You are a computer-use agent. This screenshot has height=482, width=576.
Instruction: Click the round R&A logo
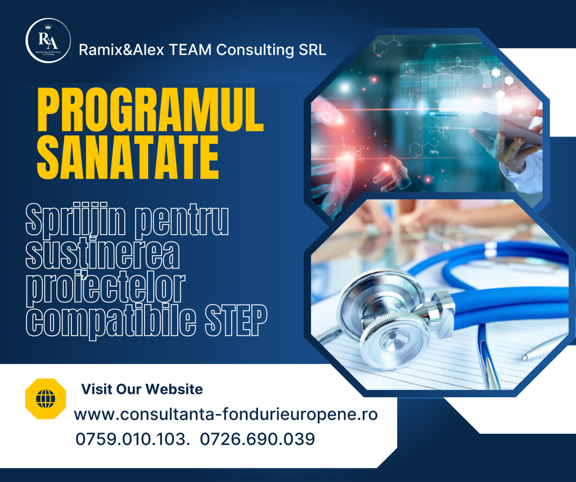(48, 40)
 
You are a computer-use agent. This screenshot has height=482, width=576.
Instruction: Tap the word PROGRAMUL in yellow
(151, 110)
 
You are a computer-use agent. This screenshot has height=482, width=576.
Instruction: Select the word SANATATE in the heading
(128, 157)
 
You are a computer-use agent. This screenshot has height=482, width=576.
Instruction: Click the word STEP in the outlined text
(236, 320)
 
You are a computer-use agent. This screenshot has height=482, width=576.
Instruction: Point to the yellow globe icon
(46, 399)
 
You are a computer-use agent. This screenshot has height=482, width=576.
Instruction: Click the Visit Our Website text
(142, 389)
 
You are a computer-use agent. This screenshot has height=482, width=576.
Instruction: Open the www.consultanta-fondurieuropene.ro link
(226, 415)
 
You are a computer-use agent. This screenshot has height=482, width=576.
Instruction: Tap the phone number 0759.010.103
(132, 439)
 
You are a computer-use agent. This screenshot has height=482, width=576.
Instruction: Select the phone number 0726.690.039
(258, 439)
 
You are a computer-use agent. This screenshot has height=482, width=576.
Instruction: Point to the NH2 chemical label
(434, 152)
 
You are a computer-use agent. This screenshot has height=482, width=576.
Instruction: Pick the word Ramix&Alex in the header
(121, 50)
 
